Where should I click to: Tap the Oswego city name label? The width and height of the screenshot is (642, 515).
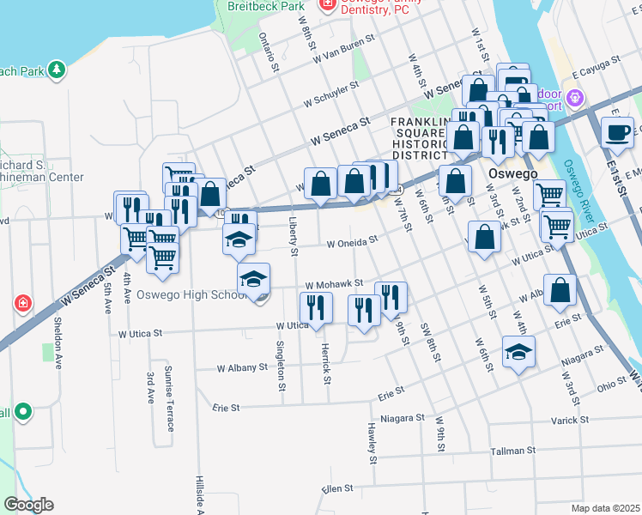[x=512, y=173]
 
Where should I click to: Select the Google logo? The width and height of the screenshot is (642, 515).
[x=28, y=505]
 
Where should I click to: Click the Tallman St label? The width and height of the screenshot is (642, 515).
[x=512, y=450]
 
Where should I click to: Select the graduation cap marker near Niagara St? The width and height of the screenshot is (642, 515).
[x=518, y=354]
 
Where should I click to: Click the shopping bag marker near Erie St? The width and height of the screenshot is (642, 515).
[x=560, y=292]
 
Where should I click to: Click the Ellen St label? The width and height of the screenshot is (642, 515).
[x=337, y=488]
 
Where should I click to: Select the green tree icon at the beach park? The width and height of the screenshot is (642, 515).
[x=57, y=70]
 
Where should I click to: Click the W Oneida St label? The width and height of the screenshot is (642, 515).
[x=352, y=243]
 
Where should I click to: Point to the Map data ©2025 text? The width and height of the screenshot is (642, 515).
[x=605, y=508]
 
